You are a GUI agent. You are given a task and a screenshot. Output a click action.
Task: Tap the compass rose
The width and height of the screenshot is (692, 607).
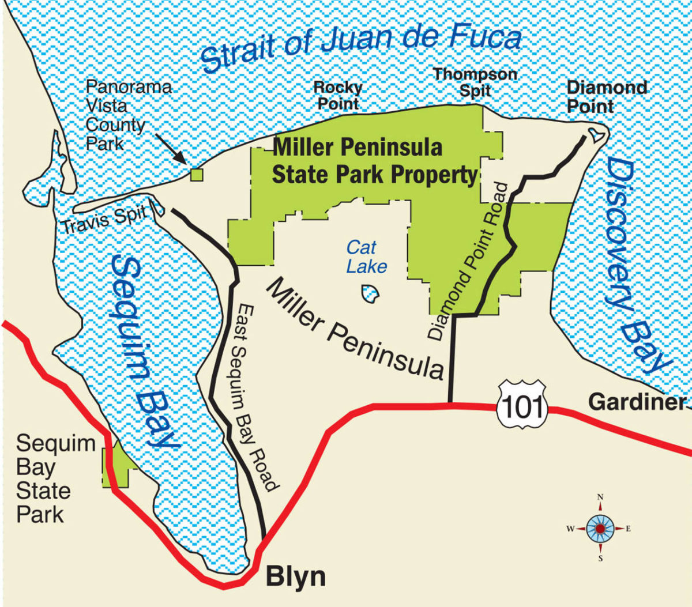point(600,528)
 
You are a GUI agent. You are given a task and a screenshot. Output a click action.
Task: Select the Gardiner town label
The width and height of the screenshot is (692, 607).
point(637,402)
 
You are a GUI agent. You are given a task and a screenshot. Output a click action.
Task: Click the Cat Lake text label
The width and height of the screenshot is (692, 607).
point(366,257)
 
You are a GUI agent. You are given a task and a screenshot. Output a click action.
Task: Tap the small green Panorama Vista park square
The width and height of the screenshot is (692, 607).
point(197,174)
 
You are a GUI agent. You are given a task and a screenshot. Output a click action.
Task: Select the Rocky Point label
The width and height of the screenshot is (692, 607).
point(338,96)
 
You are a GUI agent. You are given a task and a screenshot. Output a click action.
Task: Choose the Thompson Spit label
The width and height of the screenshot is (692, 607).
point(475,82)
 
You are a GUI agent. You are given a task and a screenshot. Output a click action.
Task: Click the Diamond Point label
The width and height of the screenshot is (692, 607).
point(606,96)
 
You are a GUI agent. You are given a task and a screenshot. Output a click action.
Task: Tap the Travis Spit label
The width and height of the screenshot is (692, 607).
point(104,220)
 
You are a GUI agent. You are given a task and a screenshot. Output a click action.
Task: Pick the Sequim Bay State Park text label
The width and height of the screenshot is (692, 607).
point(55,478)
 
